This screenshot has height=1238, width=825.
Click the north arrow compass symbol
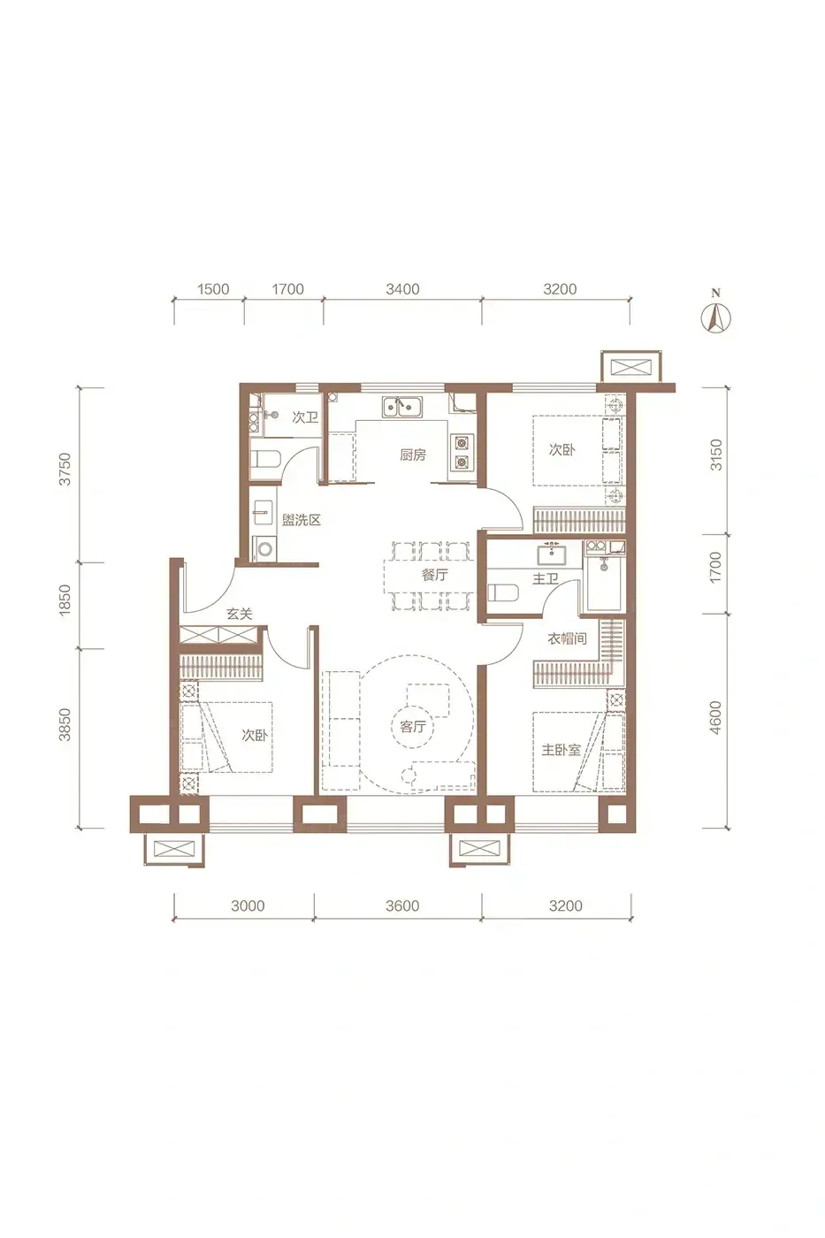tap(715, 317)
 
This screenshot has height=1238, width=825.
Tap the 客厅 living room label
tap(412, 726)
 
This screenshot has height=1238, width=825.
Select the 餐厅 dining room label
tap(434, 575)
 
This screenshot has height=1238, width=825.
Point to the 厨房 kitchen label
tap(413, 455)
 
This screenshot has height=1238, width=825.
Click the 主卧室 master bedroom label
tap(561, 750)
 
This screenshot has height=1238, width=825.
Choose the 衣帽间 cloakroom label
tap(567, 638)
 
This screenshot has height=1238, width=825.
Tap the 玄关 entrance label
tap(240, 614)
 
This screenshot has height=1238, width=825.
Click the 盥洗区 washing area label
tap(302, 520)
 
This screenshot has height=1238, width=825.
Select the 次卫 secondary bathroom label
tap(305, 416)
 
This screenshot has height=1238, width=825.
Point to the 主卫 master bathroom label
tap(546, 578)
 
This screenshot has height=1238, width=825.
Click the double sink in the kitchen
tap(401, 407)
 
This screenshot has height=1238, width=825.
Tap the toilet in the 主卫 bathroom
tap(504, 593)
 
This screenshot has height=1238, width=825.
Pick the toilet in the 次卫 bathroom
tap(266, 459)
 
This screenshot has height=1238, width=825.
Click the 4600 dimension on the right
tap(715, 717)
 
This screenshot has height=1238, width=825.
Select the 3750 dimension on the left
tap(65, 469)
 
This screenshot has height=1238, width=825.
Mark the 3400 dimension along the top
tap(402, 288)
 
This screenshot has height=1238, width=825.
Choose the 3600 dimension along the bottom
tap(402, 906)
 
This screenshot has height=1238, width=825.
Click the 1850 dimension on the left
tap(65, 600)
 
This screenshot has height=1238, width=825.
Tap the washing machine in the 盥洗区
tap(265, 549)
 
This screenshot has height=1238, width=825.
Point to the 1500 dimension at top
tap(213, 288)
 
